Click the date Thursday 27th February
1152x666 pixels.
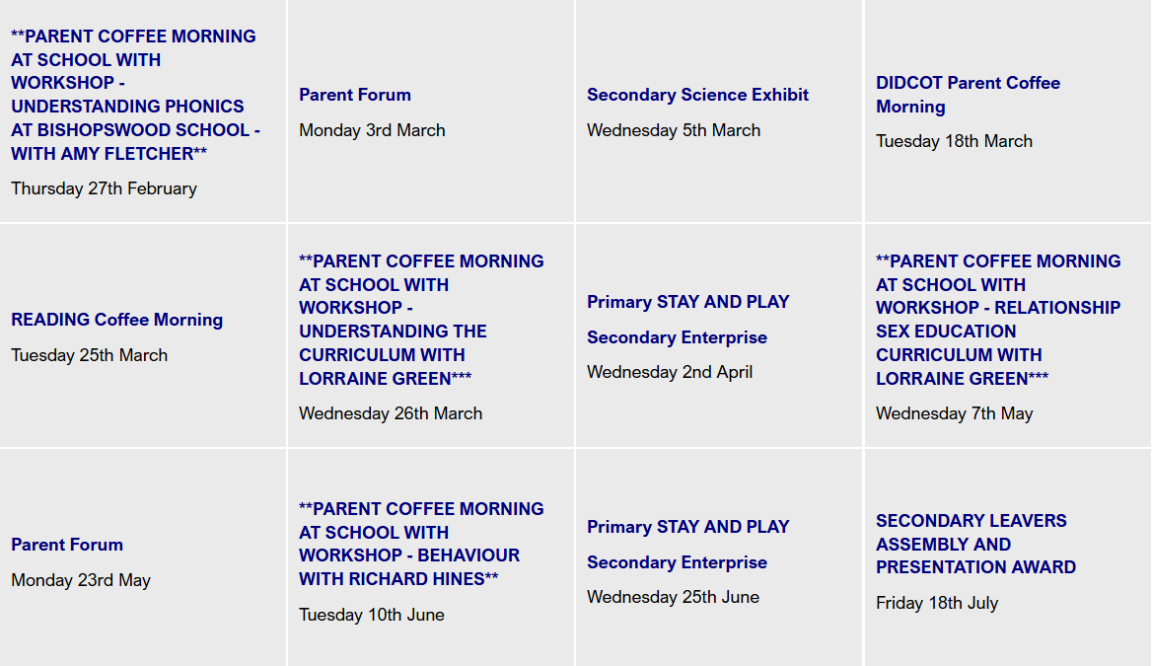pos(104,188)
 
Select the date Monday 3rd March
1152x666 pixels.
pos(372,130)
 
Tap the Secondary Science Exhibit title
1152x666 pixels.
pos(697,95)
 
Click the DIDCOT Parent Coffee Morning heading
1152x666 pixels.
pos(968,95)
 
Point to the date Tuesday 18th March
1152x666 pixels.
pos(954,141)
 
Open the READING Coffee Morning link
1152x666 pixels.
pos(116,320)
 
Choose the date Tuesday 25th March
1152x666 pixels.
pos(89,355)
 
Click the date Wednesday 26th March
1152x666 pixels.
pos(391,413)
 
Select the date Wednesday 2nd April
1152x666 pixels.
pos(670,372)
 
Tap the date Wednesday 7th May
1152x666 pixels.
pos(954,413)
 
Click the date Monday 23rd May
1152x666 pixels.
pos(81,581)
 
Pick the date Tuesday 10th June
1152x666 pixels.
pos(371,615)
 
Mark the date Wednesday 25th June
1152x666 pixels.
pos(673,597)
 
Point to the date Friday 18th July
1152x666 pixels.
pos(937,604)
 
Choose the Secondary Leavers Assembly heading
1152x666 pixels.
pos(975,544)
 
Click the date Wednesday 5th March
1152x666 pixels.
pos(673,130)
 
